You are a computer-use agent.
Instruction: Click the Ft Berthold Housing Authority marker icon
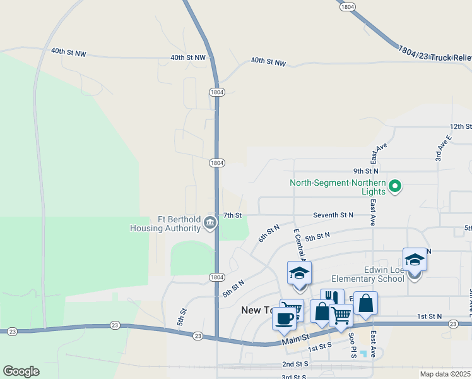(210, 222)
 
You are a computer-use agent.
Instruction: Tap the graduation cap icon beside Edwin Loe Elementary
(415, 260)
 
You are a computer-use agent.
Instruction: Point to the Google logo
(21, 371)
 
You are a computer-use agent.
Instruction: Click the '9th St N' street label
(365, 171)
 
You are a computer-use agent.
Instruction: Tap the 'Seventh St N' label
(333, 215)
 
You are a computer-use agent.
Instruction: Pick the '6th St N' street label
(268, 234)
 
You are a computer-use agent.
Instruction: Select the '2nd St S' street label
(295, 364)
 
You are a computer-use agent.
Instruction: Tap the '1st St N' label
(429, 316)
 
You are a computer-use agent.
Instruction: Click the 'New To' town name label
(259, 310)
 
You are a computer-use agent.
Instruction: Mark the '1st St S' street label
(319, 347)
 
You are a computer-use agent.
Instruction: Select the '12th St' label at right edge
(461, 126)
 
